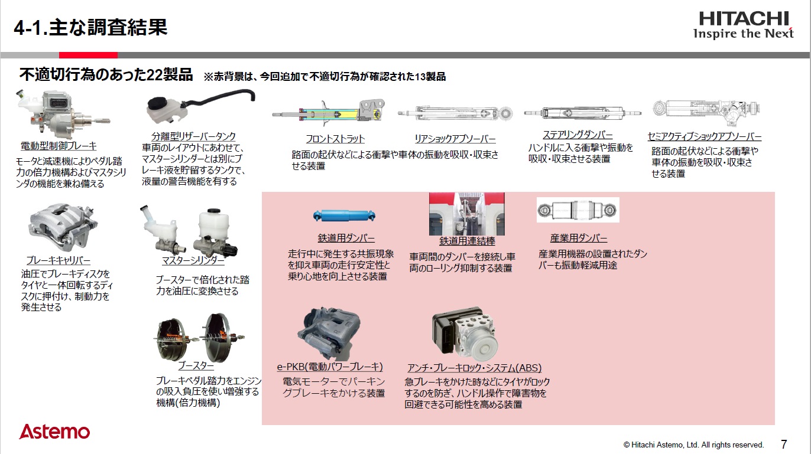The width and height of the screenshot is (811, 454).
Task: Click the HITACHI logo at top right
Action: pos(743,24)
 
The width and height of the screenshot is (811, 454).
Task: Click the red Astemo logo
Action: pos(54,432)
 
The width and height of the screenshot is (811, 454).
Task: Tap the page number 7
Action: pos(784,444)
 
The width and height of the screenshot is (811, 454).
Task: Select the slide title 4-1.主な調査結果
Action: pos(90,27)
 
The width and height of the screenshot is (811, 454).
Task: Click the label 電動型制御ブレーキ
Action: pos(59,146)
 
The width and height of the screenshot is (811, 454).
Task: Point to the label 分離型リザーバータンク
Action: pos(193,136)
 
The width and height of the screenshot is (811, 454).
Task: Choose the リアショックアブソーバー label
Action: pos(455,139)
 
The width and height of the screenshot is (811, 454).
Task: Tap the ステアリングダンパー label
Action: pos(578,135)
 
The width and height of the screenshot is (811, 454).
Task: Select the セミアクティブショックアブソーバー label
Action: pos(704,136)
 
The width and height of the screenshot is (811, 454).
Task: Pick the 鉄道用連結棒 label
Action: pos(467,241)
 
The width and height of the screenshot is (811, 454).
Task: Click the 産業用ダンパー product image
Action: pos(578,210)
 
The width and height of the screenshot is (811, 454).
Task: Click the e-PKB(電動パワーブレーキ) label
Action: pos(330,367)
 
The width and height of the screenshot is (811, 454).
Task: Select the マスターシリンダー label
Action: pos(193,260)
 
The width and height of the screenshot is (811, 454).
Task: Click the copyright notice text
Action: pos(693,445)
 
